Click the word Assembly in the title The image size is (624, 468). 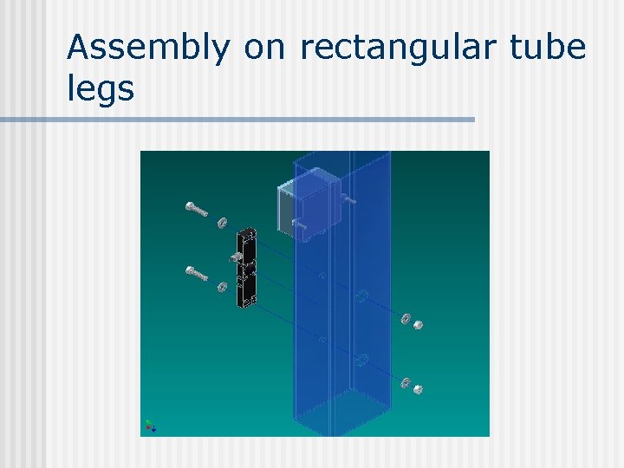click(148, 48)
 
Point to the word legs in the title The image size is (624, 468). click(101, 88)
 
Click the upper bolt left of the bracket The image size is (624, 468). click(198, 210)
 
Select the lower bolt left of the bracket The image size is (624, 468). click(197, 274)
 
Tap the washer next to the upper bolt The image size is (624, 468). click(222, 222)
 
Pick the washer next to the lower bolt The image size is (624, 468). click(222, 286)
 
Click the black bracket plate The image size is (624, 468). click(245, 266)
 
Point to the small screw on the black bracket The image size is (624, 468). click(236, 257)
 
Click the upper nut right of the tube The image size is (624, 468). click(418, 325)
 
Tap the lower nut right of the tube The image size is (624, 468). click(417, 389)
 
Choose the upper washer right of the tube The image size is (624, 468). click(404, 318)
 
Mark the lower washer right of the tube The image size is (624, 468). click(404, 382)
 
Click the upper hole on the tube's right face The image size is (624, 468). click(361, 296)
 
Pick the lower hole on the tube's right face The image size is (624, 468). click(362, 359)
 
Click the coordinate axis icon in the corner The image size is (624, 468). click(150, 426)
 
